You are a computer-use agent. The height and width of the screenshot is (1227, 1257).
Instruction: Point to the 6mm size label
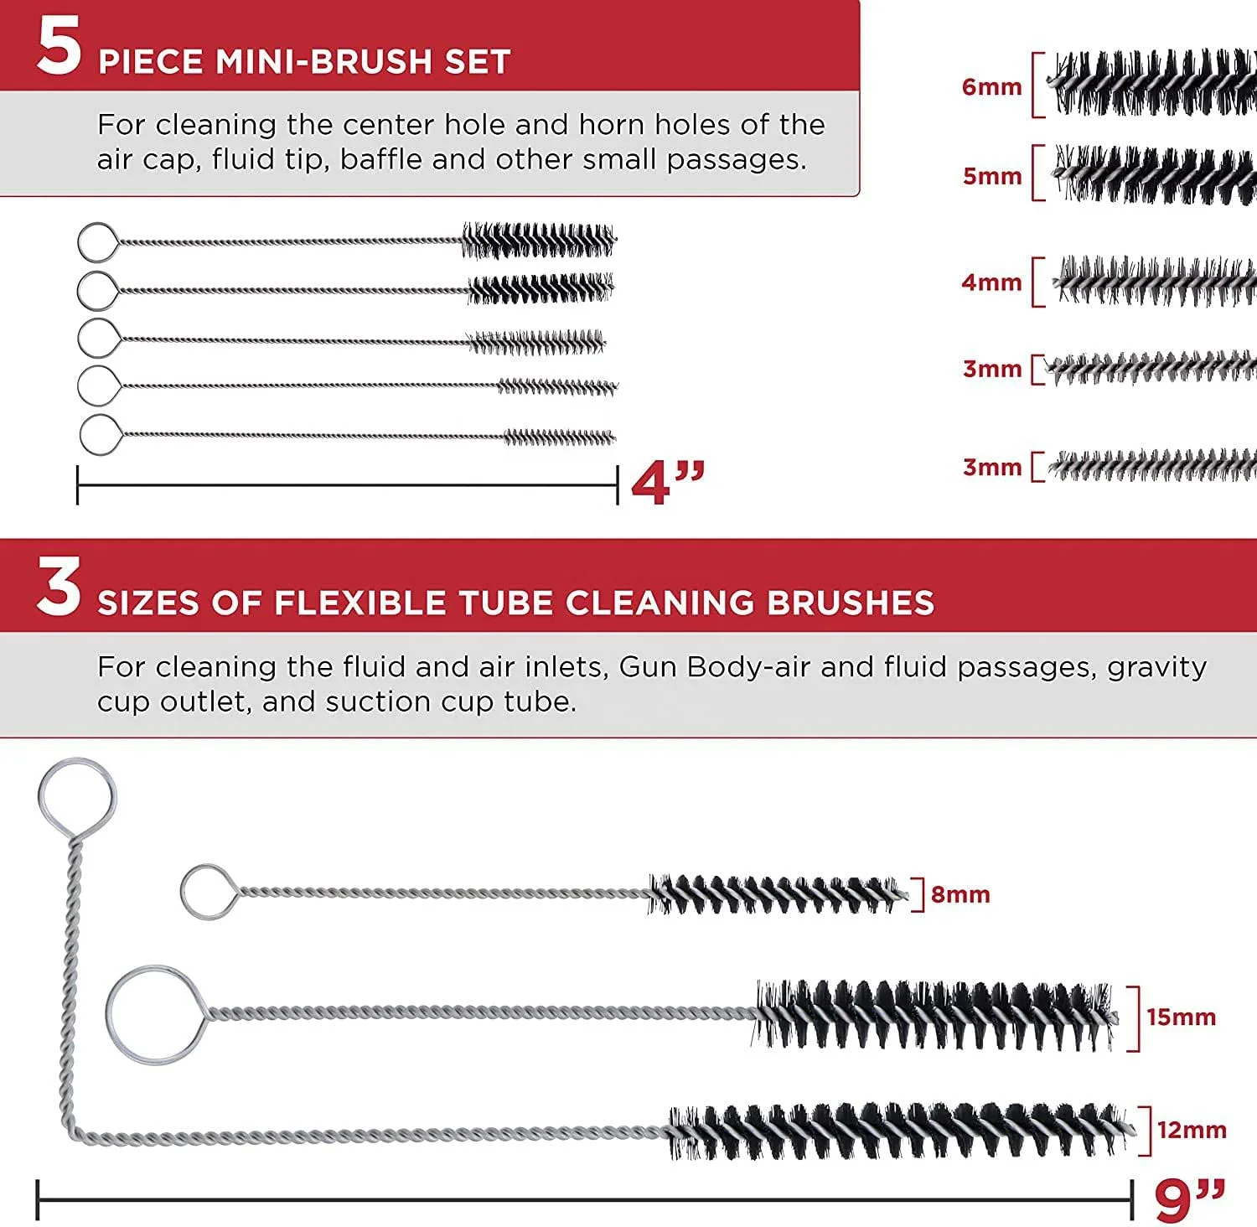pos(992,86)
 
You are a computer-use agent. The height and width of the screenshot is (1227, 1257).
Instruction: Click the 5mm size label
pos(992,176)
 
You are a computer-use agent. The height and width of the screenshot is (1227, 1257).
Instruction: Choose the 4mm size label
pos(992,282)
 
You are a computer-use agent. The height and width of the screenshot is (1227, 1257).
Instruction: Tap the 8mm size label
pos(960,894)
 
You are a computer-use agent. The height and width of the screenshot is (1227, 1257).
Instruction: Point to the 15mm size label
pos(1181,1017)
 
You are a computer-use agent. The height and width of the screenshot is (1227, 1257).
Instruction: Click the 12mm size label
pos(1192,1130)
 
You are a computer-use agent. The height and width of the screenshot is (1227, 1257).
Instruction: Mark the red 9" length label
pos(1190,1200)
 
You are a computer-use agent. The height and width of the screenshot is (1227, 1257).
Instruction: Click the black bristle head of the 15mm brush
pos(935,1015)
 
